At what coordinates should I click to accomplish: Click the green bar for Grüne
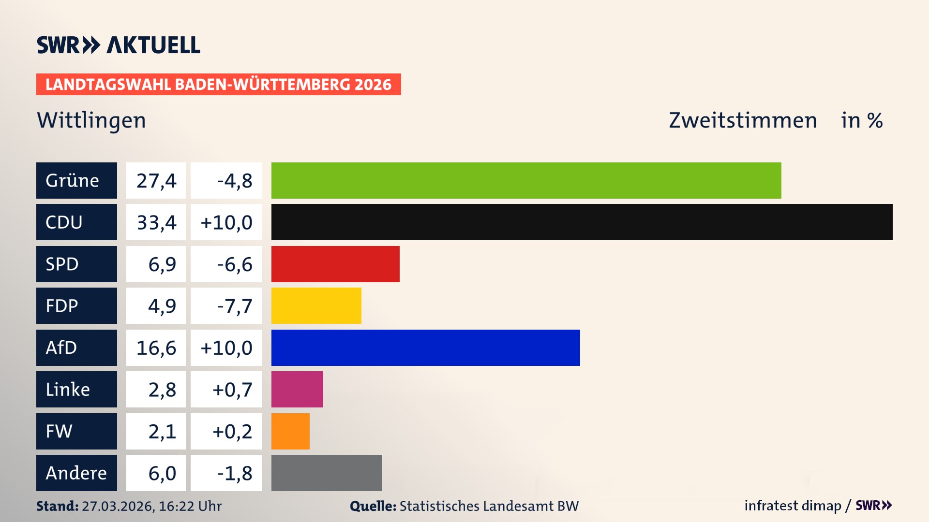click(526, 180)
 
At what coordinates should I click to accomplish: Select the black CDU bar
click(582, 222)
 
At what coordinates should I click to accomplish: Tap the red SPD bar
click(335, 264)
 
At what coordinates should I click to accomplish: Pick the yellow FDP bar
click(316, 305)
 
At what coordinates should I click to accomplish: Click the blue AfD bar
click(425, 348)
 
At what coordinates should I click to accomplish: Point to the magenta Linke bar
click(297, 389)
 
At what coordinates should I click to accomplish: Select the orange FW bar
click(290, 431)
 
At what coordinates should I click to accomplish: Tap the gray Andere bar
click(327, 473)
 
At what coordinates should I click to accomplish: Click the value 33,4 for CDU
click(156, 222)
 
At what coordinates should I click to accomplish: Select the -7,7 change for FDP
click(235, 306)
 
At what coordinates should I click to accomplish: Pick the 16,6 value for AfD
click(156, 348)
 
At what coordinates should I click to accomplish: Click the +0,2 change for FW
click(232, 432)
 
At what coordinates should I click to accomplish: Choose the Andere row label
click(76, 473)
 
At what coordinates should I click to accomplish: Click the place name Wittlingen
click(91, 120)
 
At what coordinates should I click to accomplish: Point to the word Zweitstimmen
click(743, 120)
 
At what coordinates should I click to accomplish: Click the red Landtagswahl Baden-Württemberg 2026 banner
click(218, 85)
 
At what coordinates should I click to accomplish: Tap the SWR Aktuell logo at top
click(119, 45)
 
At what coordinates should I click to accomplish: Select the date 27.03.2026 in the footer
click(117, 506)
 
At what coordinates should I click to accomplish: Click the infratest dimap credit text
click(793, 506)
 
